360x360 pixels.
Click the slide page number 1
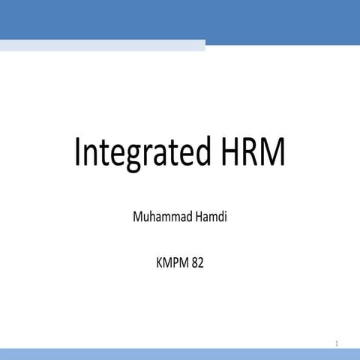(337, 343)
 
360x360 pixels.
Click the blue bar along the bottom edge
(180, 355)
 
